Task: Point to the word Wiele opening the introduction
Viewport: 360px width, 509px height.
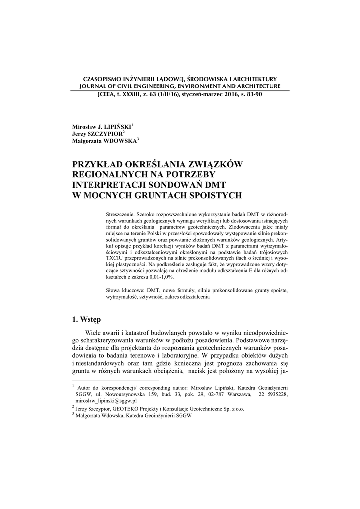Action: (x=94, y=332)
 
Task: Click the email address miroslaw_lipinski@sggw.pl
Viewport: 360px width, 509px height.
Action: (x=106, y=400)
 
